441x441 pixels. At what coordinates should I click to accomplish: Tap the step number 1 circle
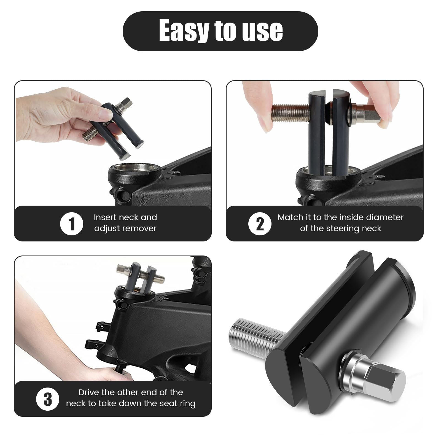(x=71, y=224)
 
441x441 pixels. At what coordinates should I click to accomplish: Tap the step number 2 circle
(x=260, y=224)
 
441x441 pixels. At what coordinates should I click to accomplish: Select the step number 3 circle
(x=48, y=399)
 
